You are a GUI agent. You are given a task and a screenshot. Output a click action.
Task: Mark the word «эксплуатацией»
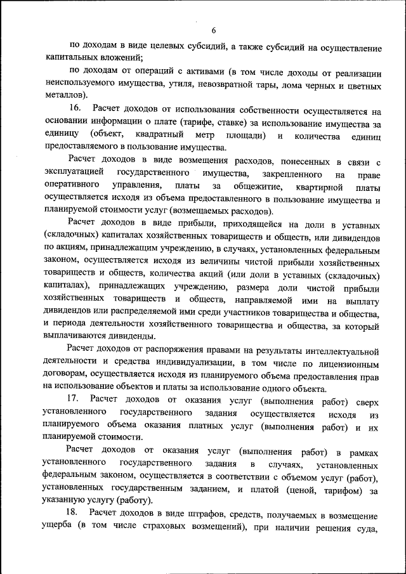point(72,174)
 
